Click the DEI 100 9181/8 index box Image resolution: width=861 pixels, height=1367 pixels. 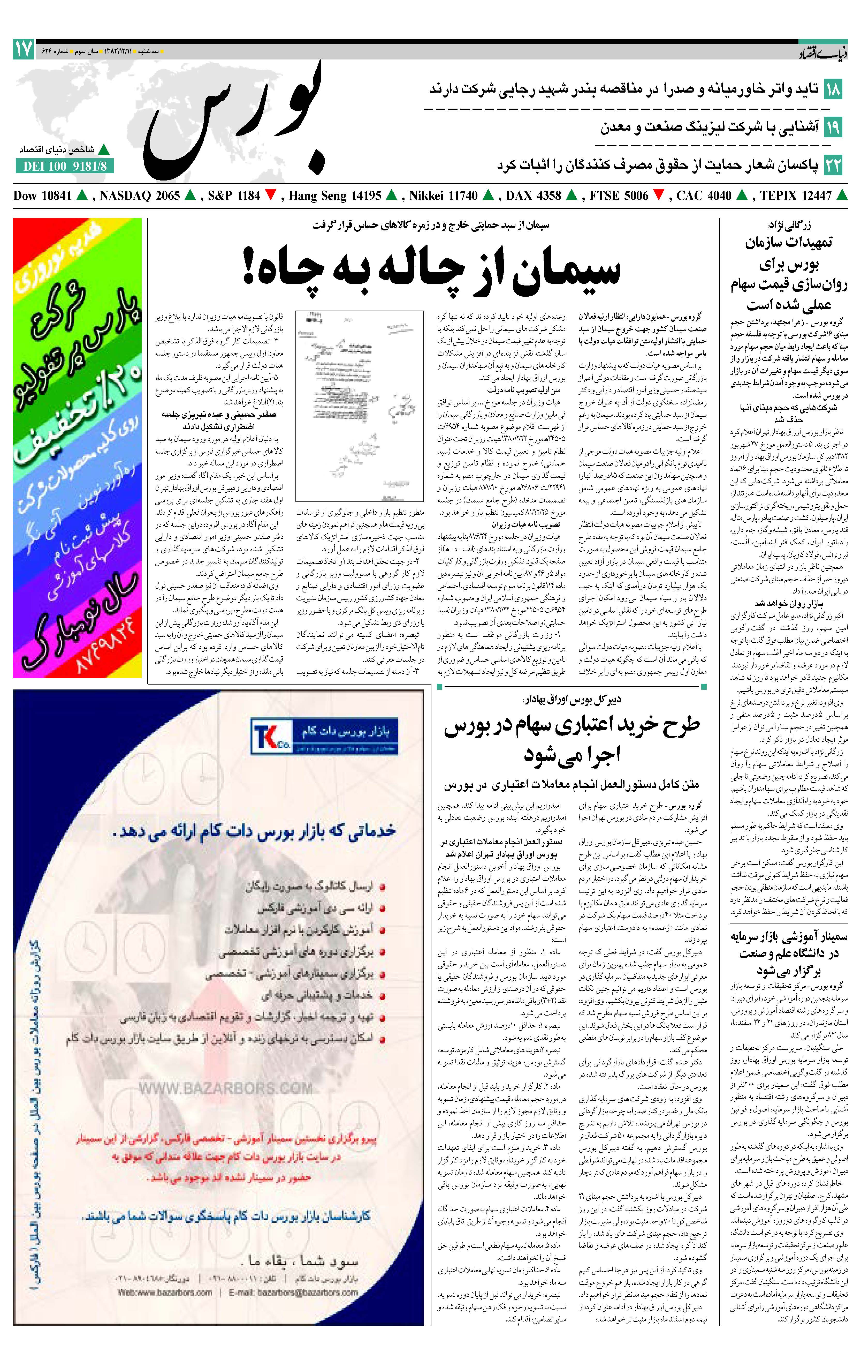64,166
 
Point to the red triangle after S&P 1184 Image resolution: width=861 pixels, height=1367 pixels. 271,196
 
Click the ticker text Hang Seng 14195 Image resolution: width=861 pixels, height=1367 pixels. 335,196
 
